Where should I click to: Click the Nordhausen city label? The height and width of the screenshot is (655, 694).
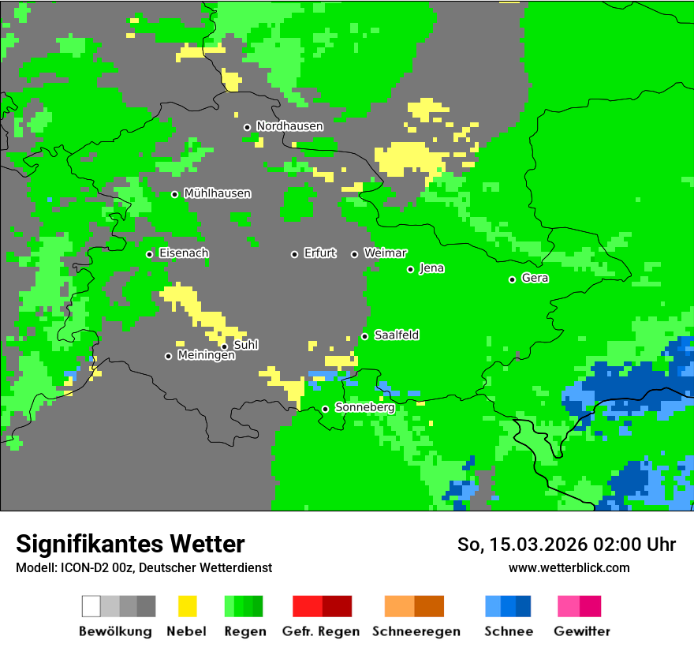(x=289, y=126)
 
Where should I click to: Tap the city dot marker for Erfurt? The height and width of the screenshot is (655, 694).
(x=294, y=254)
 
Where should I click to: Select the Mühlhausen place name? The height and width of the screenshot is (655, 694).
(x=217, y=193)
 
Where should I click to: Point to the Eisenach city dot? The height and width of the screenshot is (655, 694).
(x=149, y=254)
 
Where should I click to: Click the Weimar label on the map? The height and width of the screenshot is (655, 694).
(x=385, y=253)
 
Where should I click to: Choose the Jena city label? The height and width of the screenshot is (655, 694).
(x=431, y=268)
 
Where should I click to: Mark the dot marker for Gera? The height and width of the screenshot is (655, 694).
(x=512, y=279)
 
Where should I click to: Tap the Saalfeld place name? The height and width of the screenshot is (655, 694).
(x=396, y=335)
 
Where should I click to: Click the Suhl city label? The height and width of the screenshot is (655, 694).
(x=245, y=346)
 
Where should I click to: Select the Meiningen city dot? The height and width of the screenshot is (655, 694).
(x=168, y=356)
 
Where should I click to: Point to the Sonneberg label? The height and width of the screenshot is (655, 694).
(x=364, y=408)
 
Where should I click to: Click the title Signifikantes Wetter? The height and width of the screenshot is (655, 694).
(x=130, y=545)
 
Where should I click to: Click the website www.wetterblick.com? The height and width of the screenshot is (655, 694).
(x=569, y=568)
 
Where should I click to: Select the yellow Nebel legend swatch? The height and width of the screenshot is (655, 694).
(x=187, y=606)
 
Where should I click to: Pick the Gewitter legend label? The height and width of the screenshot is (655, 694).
(x=581, y=631)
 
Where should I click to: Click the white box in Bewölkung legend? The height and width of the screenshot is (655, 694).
(x=91, y=606)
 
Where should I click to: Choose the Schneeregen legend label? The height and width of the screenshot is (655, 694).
(x=416, y=631)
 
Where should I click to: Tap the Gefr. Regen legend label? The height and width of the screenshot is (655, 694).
(x=321, y=631)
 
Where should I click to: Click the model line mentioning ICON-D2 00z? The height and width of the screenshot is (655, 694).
(x=144, y=568)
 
